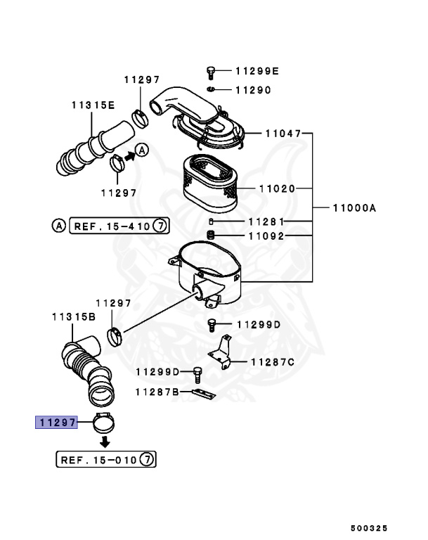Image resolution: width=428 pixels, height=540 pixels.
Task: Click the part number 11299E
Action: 257,71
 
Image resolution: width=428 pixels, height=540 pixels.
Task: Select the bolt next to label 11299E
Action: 211,71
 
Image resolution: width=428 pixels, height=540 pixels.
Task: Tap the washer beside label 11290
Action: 211,90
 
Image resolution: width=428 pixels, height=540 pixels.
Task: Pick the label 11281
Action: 265,221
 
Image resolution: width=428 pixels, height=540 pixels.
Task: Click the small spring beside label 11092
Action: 210,234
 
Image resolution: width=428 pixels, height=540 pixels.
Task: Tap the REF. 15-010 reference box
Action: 105,461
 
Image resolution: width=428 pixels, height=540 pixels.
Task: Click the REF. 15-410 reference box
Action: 119,226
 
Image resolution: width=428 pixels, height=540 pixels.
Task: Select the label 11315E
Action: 92,105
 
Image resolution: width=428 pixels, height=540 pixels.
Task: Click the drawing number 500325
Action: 369,526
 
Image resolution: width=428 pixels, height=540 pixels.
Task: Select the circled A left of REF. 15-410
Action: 58,226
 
